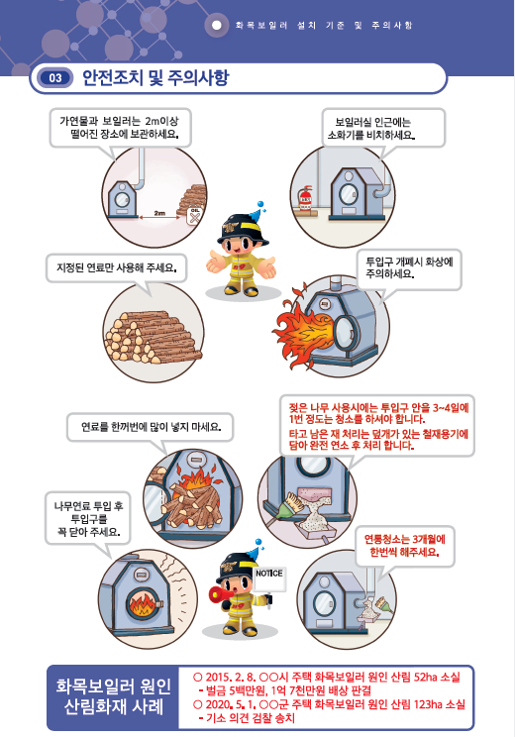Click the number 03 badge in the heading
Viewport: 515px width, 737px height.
[x=55, y=76]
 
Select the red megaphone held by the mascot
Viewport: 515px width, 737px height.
[x=217, y=594]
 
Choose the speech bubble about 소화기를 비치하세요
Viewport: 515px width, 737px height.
[x=382, y=126]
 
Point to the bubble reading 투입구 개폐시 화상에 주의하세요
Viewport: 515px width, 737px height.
[x=409, y=269]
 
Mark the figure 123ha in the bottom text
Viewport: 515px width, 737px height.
[x=414, y=704]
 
